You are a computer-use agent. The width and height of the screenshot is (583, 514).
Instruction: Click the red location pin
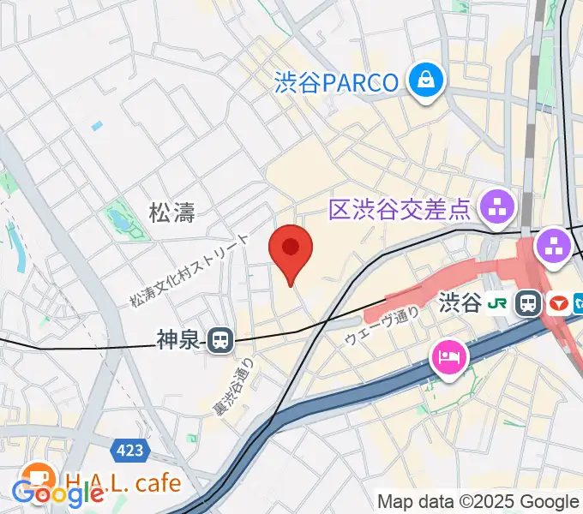click(291, 250)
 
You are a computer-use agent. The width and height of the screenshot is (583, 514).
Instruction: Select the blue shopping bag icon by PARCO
click(424, 81)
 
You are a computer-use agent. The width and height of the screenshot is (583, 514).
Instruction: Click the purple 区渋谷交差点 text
click(400, 206)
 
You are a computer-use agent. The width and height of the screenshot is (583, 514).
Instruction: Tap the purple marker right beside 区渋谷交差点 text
click(496, 205)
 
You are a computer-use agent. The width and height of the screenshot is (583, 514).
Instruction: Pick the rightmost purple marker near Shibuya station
click(554, 248)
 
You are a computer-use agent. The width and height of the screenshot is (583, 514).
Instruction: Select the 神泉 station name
click(177, 341)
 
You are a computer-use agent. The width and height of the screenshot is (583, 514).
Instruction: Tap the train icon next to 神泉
click(220, 341)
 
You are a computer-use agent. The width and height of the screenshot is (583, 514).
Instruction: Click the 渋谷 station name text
click(460, 302)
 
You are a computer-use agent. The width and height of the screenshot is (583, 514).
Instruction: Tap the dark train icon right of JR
click(527, 302)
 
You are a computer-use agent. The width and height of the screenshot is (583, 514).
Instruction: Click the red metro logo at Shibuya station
click(557, 302)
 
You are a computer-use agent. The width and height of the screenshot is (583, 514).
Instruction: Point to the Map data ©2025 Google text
click(478, 501)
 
